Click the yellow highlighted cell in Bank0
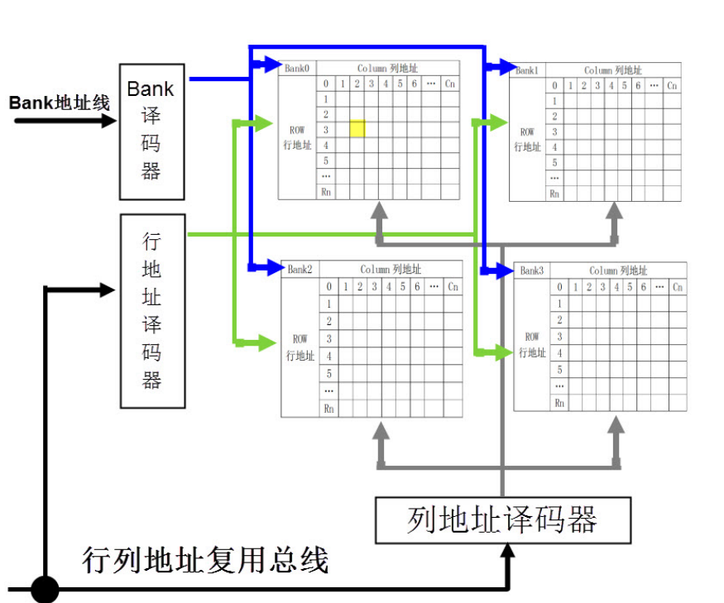pyautogui.click(x=357, y=128)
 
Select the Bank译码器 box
pyautogui.click(x=151, y=131)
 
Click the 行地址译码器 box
pyautogui.click(x=152, y=311)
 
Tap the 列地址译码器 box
pyautogui.click(x=502, y=520)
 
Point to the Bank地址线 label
pyautogui.click(x=60, y=103)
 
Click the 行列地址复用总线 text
pyautogui.click(x=206, y=560)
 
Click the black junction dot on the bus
pyautogui.click(x=45, y=590)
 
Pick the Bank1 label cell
pyautogui.click(x=526, y=70)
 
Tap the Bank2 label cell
pyautogui.click(x=300, y=270)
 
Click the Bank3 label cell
pyautogui.click(x=533, y=270)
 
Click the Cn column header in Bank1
pyautogui.click(x=672, y=85)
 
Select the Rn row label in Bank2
pyautogui.click(x=329, y=407)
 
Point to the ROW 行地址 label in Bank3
pyautogui.click(x=532, y=345)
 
